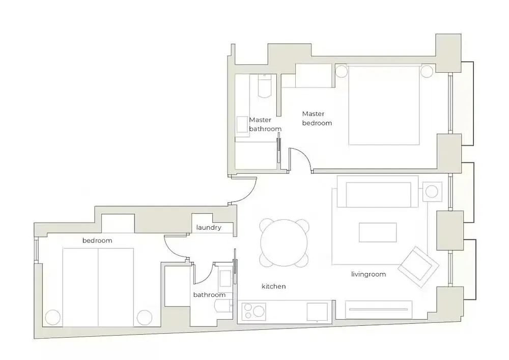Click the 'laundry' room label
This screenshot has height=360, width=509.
coord(209,228)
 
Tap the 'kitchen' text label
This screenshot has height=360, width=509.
coord(273,287)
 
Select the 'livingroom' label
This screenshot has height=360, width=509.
coord(369,274)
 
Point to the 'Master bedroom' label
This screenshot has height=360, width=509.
coord(317,119)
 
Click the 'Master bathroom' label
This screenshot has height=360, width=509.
coord(265,124)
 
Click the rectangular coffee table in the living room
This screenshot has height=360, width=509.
coord(378,233)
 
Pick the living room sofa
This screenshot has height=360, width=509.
coord(379,194)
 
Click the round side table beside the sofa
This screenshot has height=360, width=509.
coord(432,192)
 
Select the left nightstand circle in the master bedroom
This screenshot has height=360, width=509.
coord(341,70)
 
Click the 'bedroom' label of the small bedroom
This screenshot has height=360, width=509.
coord(97,240)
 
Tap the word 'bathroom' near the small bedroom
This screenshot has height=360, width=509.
coord(209,295)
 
